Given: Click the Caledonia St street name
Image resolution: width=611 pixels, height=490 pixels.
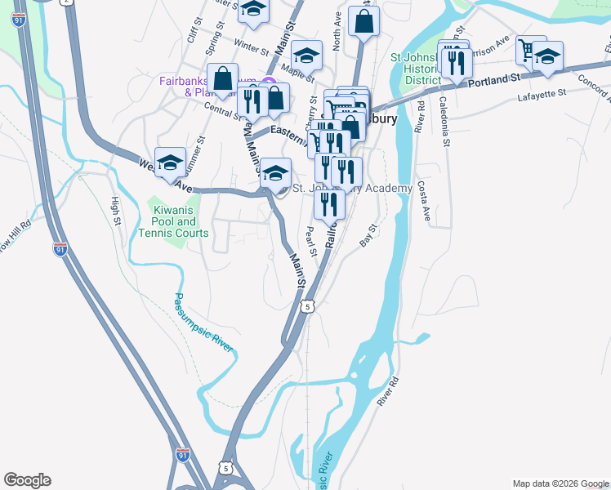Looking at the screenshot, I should click(x=444, y=122).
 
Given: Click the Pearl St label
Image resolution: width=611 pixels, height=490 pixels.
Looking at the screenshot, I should click(x=311, y=240).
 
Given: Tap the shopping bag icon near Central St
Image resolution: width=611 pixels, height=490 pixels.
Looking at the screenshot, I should click(x=222, y=79).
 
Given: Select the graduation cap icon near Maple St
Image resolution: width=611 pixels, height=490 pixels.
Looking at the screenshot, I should click(x=307, y=56).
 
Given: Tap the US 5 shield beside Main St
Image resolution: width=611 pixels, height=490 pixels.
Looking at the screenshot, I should click(x=306, y=305).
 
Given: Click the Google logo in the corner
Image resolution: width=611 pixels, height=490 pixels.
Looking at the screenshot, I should click(x=27, y=480).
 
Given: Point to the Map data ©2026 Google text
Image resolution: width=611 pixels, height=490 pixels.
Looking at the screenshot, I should click(x=560, y=483).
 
